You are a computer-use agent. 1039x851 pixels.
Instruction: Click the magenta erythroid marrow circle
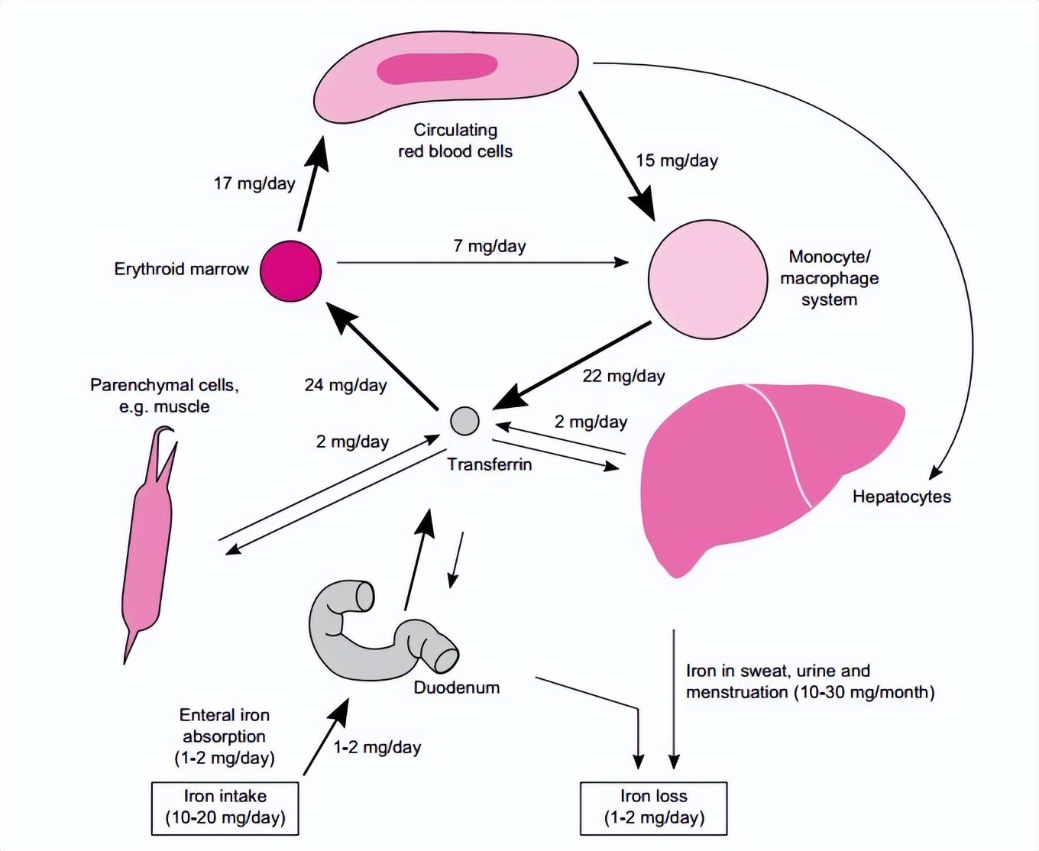[291, 271]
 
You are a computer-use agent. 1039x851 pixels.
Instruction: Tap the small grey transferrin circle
[464, 421]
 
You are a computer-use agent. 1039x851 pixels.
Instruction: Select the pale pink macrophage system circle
[707, 280]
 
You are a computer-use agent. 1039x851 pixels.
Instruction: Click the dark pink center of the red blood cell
[438, 68]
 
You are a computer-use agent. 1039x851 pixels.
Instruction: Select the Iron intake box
[225, 807]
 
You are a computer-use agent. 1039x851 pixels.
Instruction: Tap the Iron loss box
[654, 807]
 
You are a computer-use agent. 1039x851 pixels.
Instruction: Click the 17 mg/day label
[254, 183]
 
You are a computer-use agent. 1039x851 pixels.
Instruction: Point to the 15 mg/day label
[677, 160]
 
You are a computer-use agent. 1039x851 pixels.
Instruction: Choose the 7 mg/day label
[490, 246]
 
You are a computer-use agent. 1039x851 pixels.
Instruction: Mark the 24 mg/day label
[345, 385]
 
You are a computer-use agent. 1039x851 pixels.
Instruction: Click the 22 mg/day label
[623, 376]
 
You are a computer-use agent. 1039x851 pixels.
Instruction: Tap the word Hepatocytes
[901, 497]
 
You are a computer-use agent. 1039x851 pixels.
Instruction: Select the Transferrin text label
[490, 464]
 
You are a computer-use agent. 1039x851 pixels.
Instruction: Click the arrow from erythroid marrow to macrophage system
[481, 263]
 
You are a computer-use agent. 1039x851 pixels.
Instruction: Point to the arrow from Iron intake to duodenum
[326, 737]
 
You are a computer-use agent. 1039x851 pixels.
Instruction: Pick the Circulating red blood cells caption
[455, 141]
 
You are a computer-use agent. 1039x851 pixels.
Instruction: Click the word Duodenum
[457, 688]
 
